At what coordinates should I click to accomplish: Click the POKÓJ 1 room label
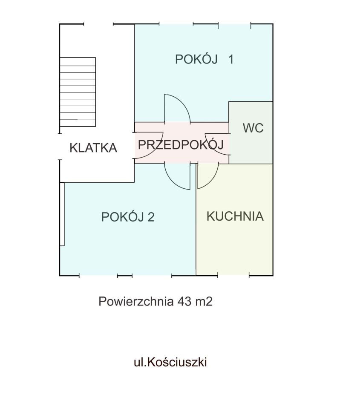pos(204,59)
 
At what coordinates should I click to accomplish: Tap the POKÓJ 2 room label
pos(127,217)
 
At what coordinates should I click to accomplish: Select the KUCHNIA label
pos(235,216)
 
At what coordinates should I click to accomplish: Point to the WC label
pos(253,128)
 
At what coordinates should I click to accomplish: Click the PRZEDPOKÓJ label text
pos(181,145)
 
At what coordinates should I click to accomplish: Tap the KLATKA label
pos(93,148)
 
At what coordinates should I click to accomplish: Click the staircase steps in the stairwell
pos(78,92)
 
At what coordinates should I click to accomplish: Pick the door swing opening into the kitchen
pos(207,176)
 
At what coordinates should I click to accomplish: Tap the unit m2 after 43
pos(204,302)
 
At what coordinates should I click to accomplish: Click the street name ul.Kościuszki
pos(170,362)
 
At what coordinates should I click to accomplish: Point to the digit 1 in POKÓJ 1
pos(230,59)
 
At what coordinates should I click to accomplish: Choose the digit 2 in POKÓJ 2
pos(150,217)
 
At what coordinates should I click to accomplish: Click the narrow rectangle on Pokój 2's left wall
pos(62,214)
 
